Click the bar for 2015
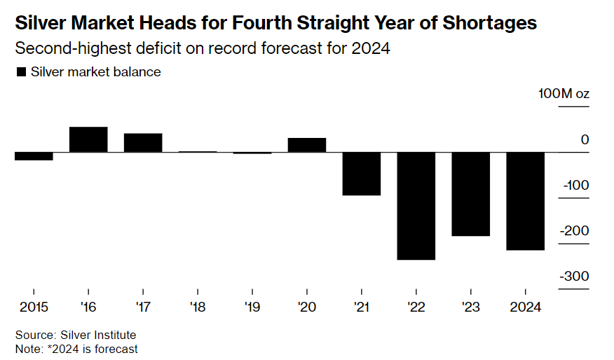click(x=34, y=156)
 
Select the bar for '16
click(x=88, y=139)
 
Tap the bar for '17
click(x=143, y=143)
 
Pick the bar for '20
click(x=307, y=145)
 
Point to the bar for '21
click(x=362, y=174)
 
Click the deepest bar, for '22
click(x=416, y=206)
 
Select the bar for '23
click(x=471, y=194)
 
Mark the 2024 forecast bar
click(x=526, y=201)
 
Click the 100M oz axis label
click(x=564, y=94)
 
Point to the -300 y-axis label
click(x=573, y=277)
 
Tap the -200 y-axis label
click(x=573, y=231)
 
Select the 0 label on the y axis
click(x=585, y=140)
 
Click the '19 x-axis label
click(x=252, y=306)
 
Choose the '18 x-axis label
click(x=198, y=306)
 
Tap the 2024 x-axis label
click(x=526, y=306)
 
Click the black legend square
click(x=20, y=72)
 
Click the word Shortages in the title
click(x=490, y=23)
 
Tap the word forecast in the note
click(x=118, y=348)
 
